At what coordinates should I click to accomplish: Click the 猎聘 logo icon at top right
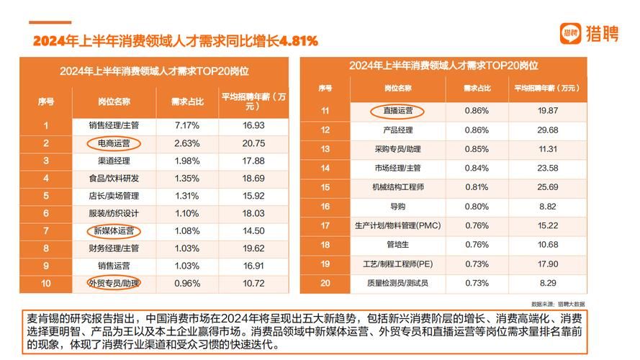[571, 33]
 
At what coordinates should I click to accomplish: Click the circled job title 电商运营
[114, 143]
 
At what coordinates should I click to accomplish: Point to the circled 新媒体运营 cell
[114, 231]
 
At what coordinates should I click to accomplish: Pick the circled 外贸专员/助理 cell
[114, 283]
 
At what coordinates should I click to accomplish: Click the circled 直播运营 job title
[397, 111]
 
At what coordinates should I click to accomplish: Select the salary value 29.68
[549, 130]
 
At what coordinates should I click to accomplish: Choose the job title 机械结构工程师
[397, 187]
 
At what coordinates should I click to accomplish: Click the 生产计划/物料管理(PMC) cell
[397, 225]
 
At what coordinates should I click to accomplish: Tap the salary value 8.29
[549, 283]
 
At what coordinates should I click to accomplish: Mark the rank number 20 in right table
[325, 283]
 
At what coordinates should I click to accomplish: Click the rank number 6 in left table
[46, 214]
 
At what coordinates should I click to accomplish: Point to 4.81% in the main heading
[292, 40]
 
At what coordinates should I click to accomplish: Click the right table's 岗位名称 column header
[397, 88]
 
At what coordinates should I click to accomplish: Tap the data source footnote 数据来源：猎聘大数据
[559, 304]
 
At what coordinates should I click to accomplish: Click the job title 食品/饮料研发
[114, 179]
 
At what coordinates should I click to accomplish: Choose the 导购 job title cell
[397, 207]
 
